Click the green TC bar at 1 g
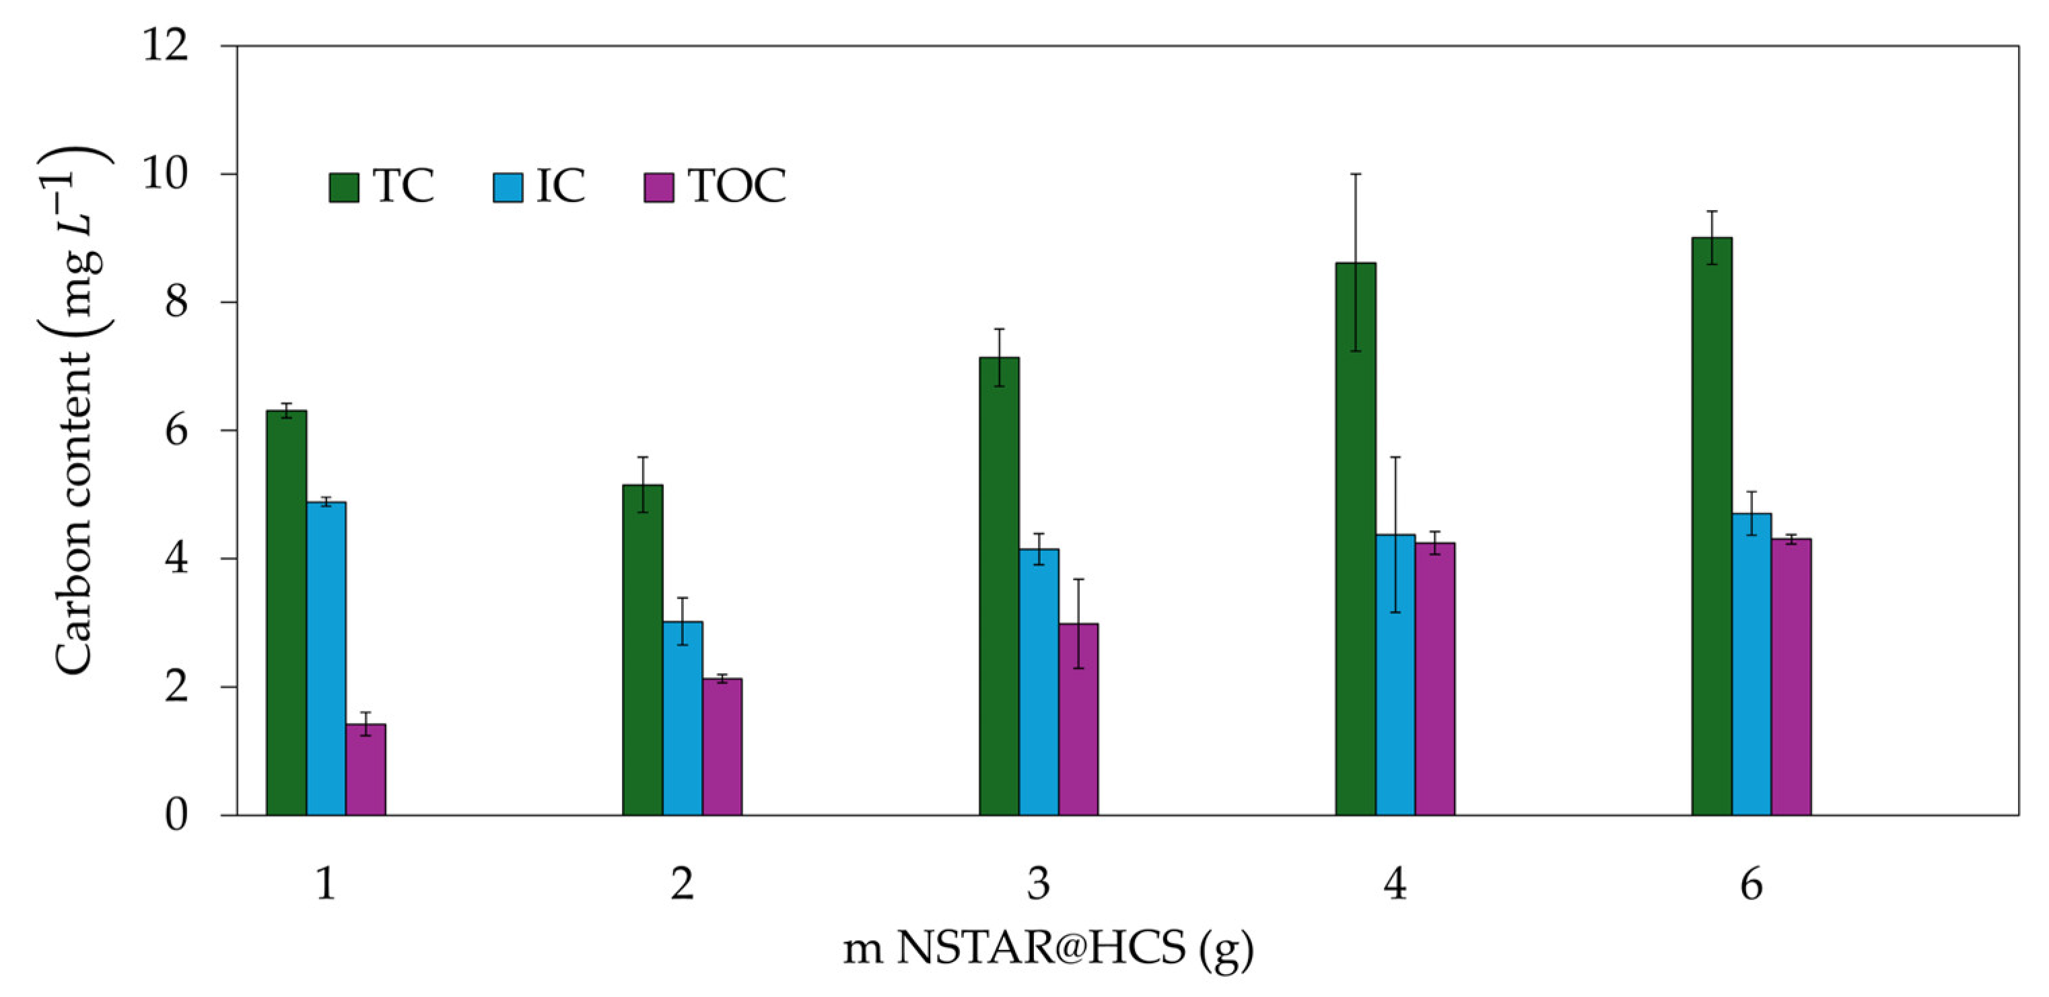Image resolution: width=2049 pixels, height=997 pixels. coord(286,613)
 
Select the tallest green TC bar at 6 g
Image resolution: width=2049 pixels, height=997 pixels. coord(1712,526)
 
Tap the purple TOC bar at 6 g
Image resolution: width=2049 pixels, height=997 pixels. coord(1791,677)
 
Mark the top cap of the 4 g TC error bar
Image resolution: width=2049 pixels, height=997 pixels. coord(1356,174)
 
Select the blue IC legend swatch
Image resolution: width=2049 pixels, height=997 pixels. coord(508,188)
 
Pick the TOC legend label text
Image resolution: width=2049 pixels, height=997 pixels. coord(737,186)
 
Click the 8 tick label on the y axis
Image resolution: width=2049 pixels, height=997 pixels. coord(176,302)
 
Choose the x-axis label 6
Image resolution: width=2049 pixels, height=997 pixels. coord(1751,885)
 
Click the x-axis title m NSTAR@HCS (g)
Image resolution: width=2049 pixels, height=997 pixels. coord(1048,949)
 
